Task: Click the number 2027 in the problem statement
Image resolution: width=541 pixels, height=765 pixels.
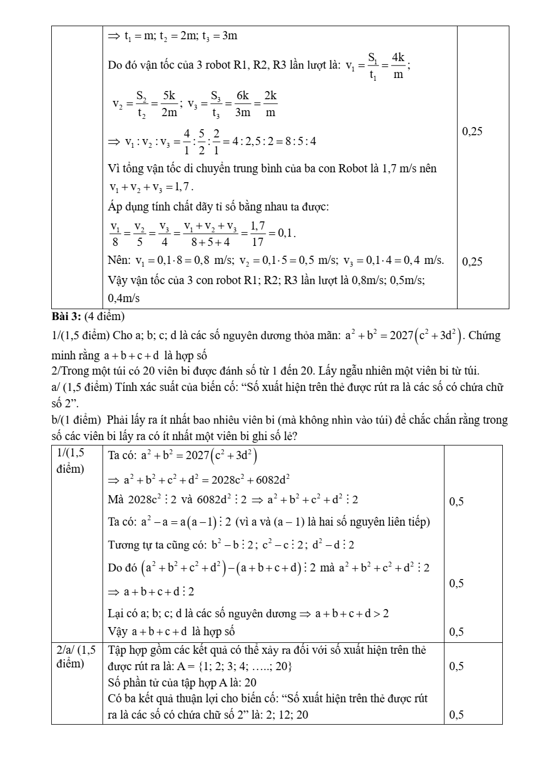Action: click(401, 335)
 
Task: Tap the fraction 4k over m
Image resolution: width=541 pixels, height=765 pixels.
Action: click(398, 65)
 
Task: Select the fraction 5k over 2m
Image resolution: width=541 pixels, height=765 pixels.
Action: click(170, 104)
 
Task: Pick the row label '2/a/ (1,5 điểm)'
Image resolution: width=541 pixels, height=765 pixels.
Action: click(76, 656)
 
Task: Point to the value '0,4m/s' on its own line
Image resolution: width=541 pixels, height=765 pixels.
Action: click(124, 298)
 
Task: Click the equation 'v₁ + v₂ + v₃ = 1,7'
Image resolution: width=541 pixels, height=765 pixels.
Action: click(150, 187)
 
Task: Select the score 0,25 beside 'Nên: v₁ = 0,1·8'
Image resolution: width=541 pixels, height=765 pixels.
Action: click(472, 262)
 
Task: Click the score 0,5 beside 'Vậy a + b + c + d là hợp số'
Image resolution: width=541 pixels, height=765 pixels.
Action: click(456, 632)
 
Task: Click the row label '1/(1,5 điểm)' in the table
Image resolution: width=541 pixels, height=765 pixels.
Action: click(71, 461)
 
